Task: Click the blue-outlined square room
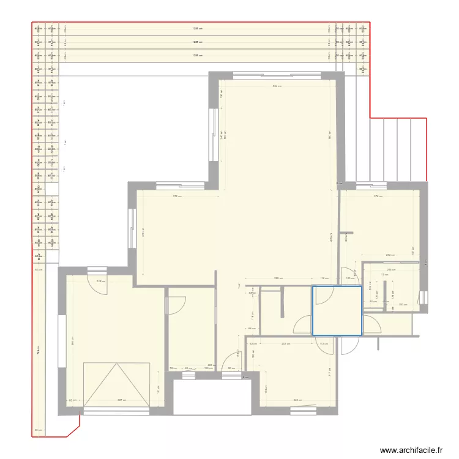click(x=337, y=311)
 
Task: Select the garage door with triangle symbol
click(x=117, y=384)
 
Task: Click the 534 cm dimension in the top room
click(x=277, y=86)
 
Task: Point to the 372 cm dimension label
click(x=176, y=196)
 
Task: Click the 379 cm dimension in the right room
click(x=378, y=196)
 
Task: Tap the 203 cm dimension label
click(x=285, y=344)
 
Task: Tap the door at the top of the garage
click(x=97, y=271)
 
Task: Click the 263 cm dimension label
click(x=389, y=255)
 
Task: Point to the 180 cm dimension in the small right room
click(x=402, y=305)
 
